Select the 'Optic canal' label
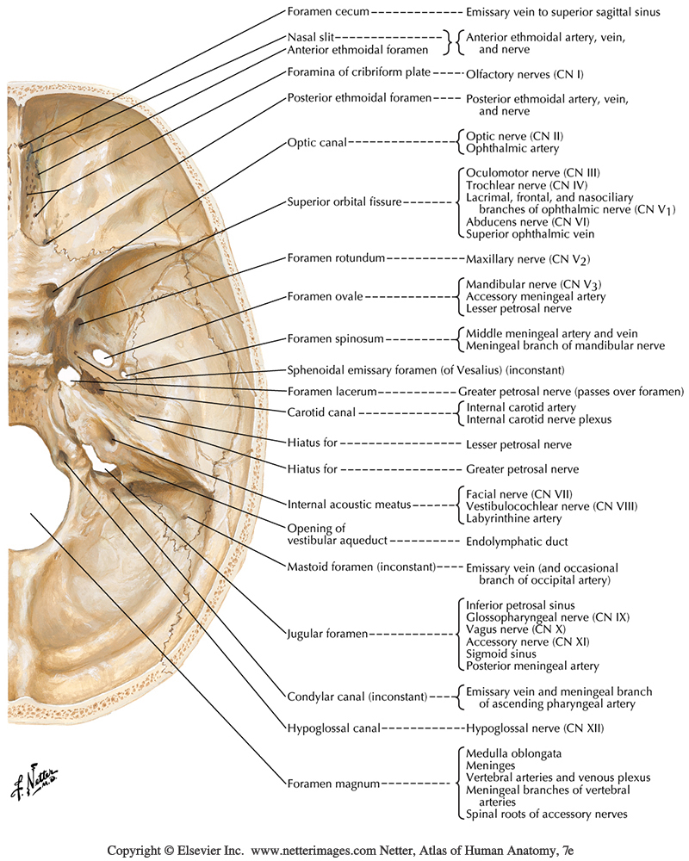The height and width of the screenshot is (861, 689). click(x=315, y=143)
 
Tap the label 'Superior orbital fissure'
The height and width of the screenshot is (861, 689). click(x=344, y=203)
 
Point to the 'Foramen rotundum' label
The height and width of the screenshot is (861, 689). click(x=336, y=258)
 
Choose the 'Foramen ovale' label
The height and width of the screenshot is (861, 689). click(x=325, y=296)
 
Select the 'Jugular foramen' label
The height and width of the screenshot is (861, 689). click(x=326, y=634)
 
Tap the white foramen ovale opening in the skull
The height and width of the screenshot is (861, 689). click(x=103, y=355)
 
